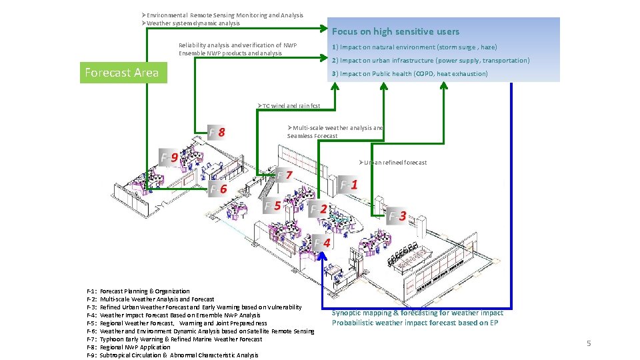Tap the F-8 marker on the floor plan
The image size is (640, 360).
217,131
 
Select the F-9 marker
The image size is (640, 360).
169,157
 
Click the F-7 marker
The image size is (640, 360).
285,175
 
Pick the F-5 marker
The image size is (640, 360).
273,205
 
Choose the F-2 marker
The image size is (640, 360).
319,209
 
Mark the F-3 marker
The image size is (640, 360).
398,215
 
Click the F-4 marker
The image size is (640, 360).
323,243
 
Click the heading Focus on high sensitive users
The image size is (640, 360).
395,31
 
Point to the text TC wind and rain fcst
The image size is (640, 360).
289,106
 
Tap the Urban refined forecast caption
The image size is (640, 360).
393,163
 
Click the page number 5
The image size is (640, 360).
589,343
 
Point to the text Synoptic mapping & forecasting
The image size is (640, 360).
417,313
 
